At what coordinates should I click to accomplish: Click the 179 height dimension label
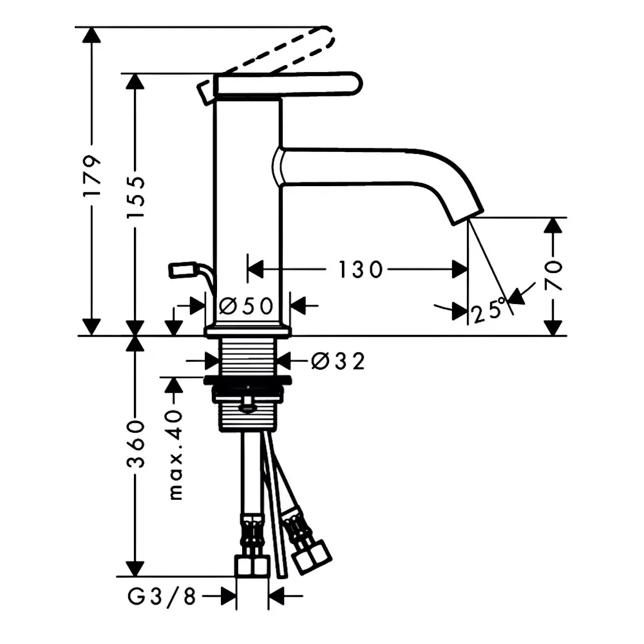pos(91,175)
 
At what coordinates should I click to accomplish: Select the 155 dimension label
pos(135,197)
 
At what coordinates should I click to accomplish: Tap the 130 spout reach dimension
pos(360,270)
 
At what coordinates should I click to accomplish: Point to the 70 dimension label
pos(553,275)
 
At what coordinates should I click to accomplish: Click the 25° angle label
pos(489,310)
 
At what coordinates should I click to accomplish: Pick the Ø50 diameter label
pos(246,305)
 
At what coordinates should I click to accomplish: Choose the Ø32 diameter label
pos(338,361)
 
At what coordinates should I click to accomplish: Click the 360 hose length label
pos(135,444)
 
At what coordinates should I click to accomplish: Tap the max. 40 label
pos(175,454)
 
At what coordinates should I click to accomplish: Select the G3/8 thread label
pos(162,596)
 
